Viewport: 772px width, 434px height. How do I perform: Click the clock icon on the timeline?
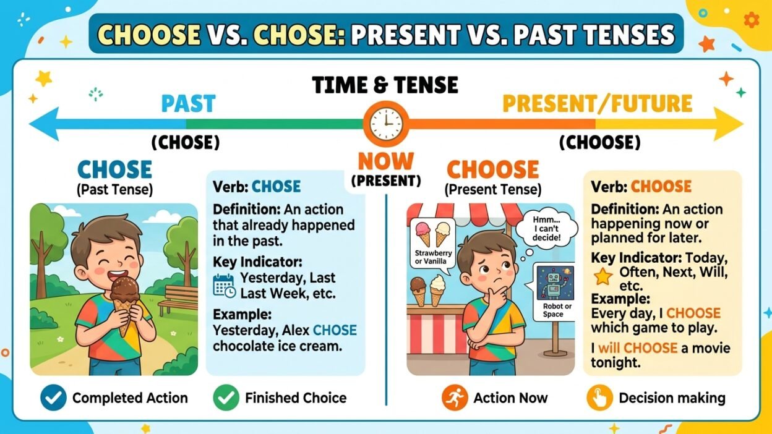pyautogui.click(x=385, y=123)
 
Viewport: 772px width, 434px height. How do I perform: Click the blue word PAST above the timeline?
pyautogui.click(x=188, y=103)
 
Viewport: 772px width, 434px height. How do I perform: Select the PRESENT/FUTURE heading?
pyautogui.click(x=597, y=103)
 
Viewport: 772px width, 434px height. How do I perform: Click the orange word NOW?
pyautogui.click(x=385, y=162)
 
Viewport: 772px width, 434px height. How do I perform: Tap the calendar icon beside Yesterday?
pyautogui.click(x=224, y=285)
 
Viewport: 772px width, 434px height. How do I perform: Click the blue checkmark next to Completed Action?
pyautogui.click(x=53, y=398)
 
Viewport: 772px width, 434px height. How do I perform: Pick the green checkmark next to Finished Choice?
pyautogui.click(x=226, y=398)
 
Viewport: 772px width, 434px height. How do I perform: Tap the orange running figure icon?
pyautogui.click(x=455, y=398)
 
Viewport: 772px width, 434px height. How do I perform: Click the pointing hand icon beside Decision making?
pyautogui.click(x=599, y=398)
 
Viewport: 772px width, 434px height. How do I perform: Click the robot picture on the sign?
pyautogui.click(x=552, y=284)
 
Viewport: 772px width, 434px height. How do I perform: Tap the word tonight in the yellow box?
pyautogui.click(x=615, y=363)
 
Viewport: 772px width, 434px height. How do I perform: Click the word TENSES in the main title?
pyautogui.click(x=627, y=35)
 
